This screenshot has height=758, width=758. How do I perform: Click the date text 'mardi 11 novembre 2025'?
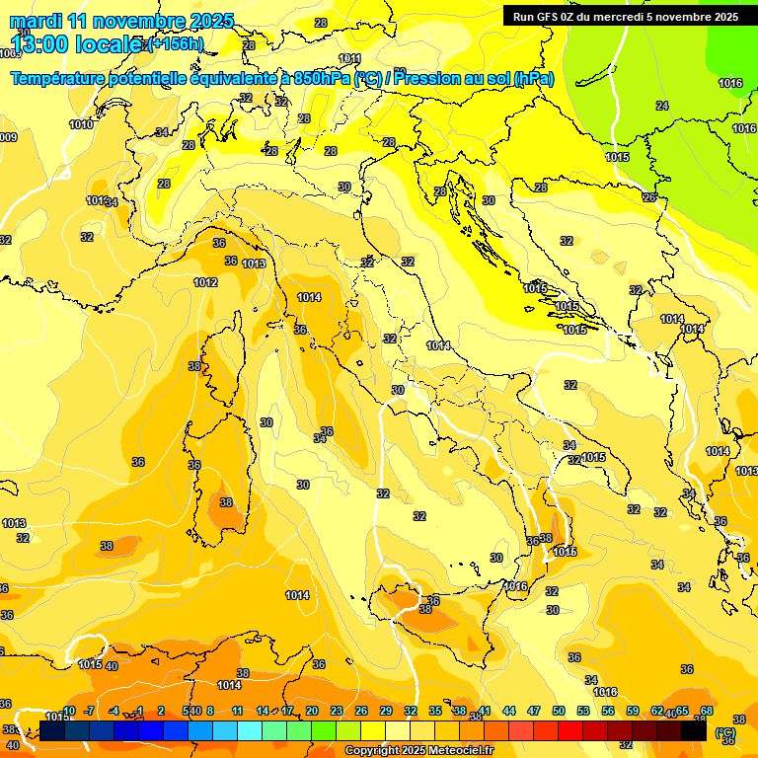point(121,21)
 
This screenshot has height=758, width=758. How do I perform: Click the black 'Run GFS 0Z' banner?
point(625,16)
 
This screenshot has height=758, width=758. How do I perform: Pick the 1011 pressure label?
point(349,59)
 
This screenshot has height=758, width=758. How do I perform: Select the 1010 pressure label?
point(81,124)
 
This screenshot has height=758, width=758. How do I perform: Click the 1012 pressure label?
point(205,282)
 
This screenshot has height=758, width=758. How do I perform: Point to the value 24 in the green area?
point(662,106)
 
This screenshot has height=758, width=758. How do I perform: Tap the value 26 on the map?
point(648,197)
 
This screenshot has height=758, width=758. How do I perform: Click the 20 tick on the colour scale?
point(312,711)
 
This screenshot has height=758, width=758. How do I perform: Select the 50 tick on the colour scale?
point(559,711)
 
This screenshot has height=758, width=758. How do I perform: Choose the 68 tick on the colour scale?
point(707,711)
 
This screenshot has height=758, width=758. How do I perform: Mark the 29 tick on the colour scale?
point(386,711)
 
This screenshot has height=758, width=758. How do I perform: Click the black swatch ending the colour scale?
point(694,731)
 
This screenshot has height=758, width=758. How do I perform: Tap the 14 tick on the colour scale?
point(263,711)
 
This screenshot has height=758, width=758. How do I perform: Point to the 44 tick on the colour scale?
point(509,711)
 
